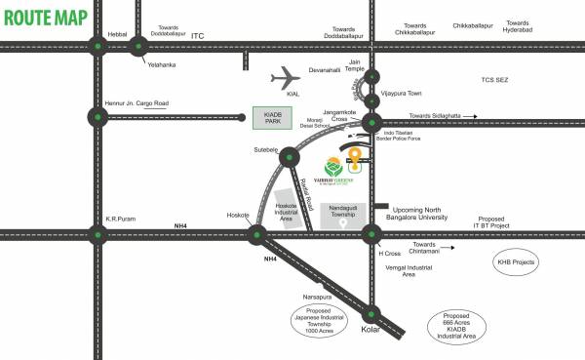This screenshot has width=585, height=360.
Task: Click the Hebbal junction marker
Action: [97, 45]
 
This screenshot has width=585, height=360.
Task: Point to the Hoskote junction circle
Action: [257, 233]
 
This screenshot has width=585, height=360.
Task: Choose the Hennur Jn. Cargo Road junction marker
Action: [97, 117]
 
